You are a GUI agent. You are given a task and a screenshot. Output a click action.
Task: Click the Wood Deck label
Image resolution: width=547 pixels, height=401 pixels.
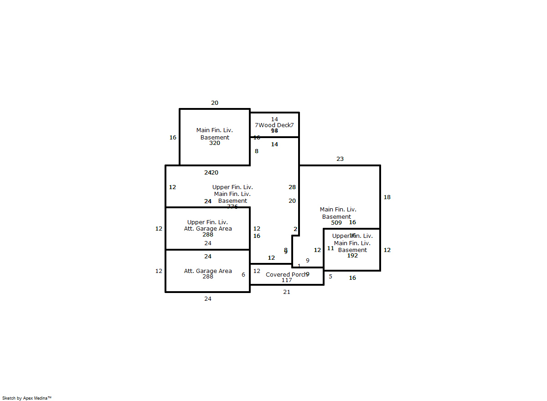[x=274, y=125]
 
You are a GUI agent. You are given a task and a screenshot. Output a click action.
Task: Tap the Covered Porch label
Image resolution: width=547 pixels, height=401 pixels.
[x=286, y=274]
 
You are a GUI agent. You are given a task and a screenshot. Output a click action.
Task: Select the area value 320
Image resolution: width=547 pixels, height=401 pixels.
[x=215, y=143]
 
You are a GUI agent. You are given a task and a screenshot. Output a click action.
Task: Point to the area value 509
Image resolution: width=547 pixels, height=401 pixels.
[x=336, y=223]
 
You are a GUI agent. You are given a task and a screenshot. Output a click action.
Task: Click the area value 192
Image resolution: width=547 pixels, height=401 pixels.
[x=352, y=256]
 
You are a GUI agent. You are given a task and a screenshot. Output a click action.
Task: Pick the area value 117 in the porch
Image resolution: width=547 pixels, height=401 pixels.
[x=286, y=280]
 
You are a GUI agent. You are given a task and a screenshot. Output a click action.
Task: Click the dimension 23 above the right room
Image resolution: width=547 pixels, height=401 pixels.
[x=340, y=159]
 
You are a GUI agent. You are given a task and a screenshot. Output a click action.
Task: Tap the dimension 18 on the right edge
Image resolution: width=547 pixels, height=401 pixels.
[x=387, y=197]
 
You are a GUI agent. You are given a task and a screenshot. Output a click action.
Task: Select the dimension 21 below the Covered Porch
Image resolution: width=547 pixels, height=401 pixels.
[x=286, y=292]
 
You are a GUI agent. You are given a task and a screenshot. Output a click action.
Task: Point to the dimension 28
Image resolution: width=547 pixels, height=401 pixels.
[x=292, y=187]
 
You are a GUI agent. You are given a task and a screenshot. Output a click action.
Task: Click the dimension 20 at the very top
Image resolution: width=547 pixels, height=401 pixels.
[x=215, y=103]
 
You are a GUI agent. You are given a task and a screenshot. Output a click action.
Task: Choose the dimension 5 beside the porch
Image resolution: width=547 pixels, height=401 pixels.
[x=330, y=276]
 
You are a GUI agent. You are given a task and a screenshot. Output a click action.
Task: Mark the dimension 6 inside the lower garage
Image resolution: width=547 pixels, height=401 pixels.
[x=243, y=275]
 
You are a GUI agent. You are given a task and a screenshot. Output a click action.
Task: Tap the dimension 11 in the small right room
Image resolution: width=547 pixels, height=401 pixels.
[x=330, y=248]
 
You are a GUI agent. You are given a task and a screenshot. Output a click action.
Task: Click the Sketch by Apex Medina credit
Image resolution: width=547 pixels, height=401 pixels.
[x=27, y=398]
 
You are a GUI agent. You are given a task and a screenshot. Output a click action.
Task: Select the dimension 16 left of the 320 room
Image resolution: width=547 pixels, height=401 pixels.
[x=173, y=138]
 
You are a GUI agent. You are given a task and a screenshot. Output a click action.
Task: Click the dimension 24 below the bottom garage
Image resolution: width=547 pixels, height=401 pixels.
[x=208, y=299]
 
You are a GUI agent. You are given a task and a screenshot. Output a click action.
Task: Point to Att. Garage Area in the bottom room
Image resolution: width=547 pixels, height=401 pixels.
[x=208, y=271]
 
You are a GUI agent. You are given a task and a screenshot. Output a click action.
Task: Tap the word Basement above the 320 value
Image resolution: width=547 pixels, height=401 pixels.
[x=215, y=137]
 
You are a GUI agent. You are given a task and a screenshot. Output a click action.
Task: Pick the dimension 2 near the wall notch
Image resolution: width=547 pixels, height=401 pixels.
[x=295, y=229]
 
